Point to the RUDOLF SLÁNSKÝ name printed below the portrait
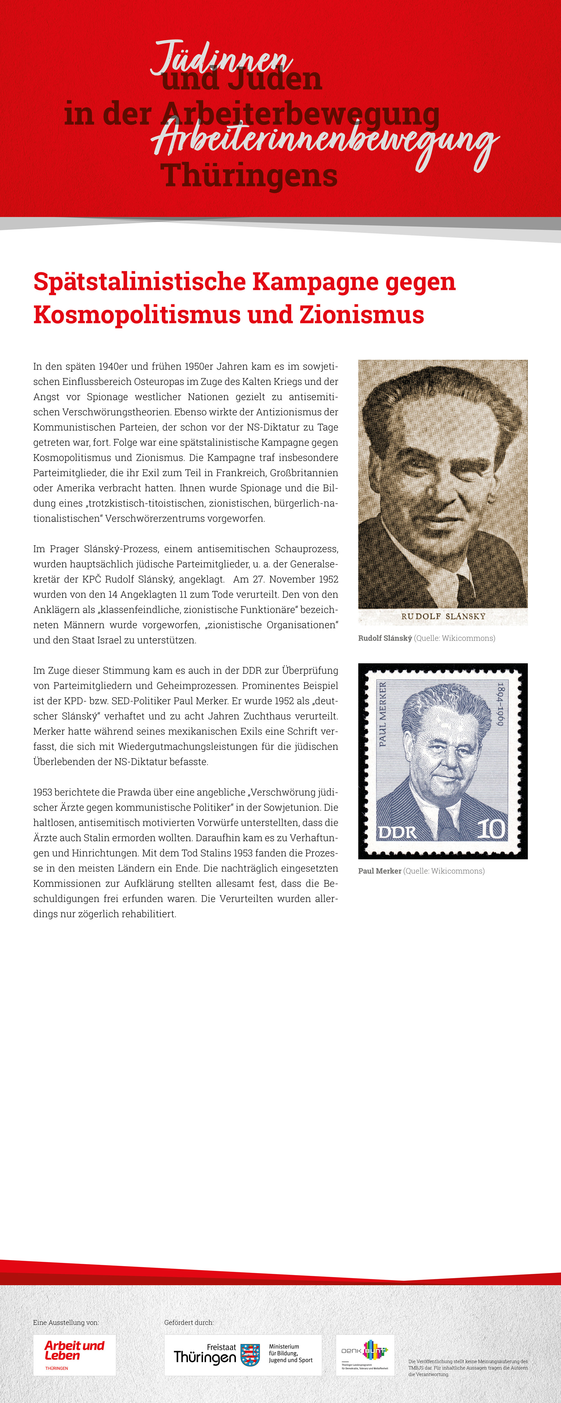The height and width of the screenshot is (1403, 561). tap(443, 616)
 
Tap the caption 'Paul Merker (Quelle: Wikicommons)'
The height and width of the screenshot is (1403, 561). tap(421, 871)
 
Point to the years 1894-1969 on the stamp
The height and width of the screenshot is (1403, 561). tap(500, 704)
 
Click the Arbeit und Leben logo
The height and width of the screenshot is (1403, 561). tap(75, 1354)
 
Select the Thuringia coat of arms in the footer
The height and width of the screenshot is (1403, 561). tap(250, 1354)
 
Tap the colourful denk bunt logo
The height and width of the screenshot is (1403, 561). tap(365, 1354)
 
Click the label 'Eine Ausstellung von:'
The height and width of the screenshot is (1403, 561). tap(66, 1322)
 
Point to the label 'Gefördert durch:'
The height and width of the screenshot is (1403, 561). tap(189, 1322)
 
